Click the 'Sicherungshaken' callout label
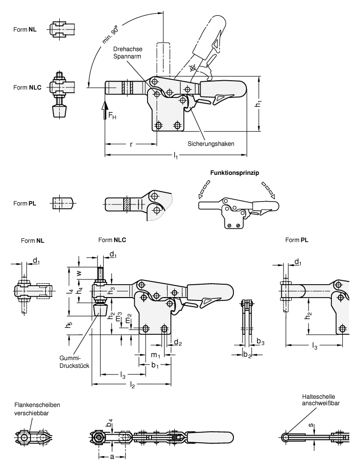point(211,143)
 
